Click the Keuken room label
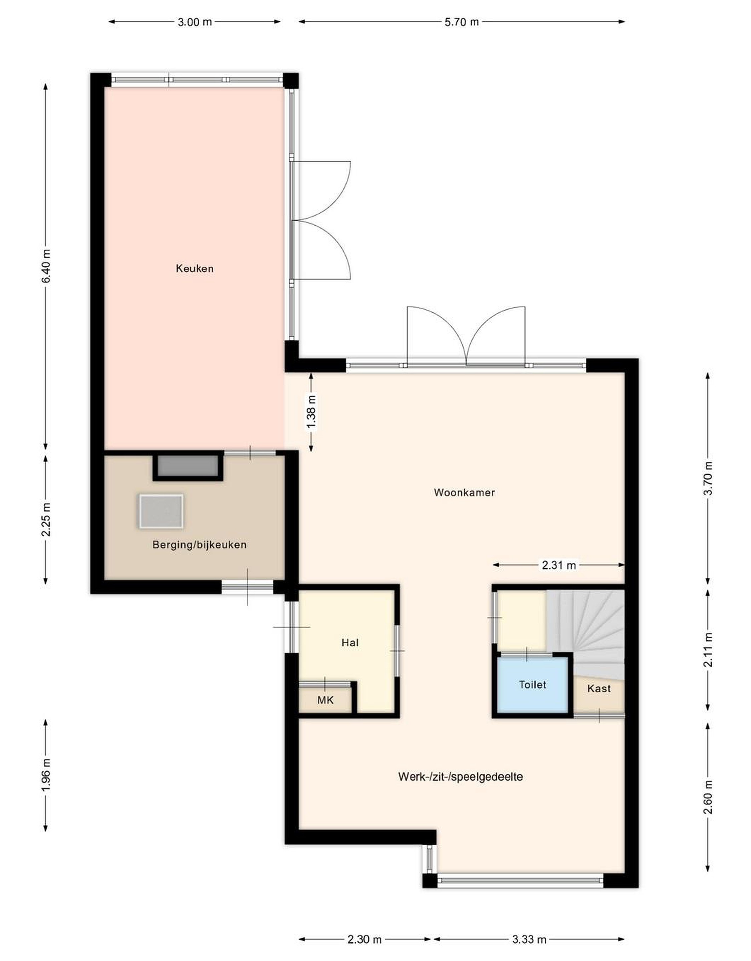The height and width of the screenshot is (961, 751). click(x=195, y=268)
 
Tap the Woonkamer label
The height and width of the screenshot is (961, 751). click(x=464, y=493)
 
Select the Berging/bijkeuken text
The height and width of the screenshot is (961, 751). click(x=199, y=545)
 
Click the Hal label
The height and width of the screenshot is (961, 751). click(x=350, y=643)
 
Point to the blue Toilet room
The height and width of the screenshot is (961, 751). click(x=533, y=685)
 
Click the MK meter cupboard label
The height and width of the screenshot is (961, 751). click(x=326, y=700)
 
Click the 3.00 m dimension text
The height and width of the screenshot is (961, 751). click(x=195, y=22)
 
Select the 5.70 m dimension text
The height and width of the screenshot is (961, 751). click(x=461, y=22)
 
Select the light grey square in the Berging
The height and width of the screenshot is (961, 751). click(x=161, y=511)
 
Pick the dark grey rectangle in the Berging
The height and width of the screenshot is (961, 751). click(x=188, y=466)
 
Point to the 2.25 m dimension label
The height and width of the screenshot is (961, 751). click(x=46, y=519)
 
